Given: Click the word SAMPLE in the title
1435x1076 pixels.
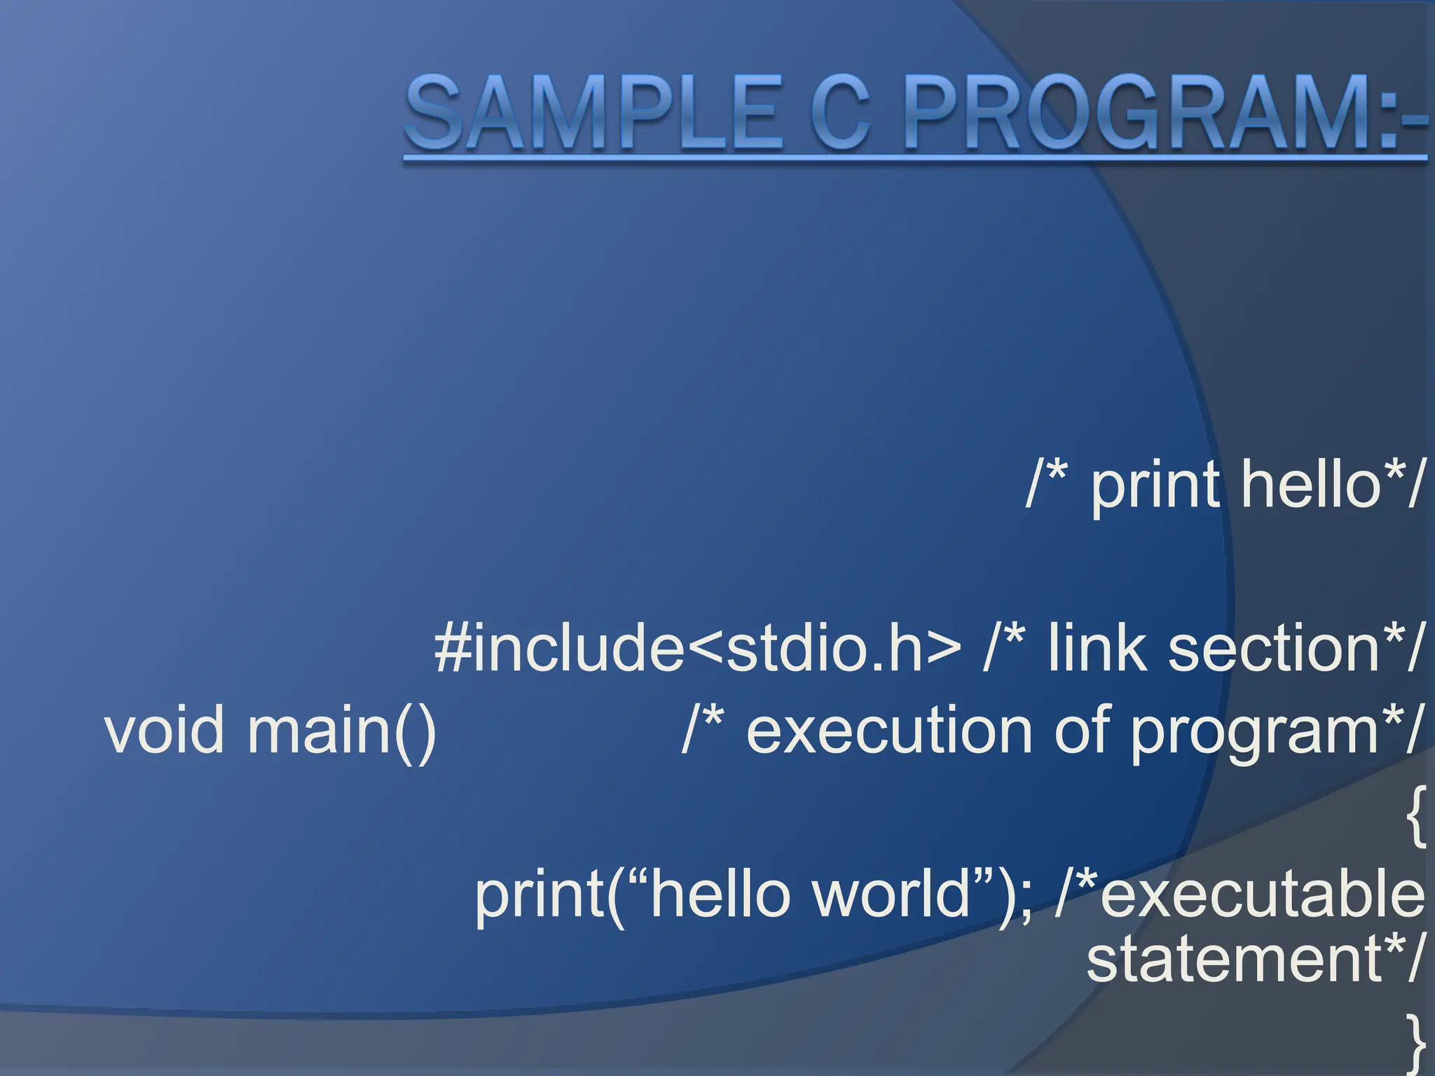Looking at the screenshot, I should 592,113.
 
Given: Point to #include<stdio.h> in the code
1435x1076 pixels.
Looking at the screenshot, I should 698,648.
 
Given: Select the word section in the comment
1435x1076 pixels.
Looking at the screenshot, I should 1275,648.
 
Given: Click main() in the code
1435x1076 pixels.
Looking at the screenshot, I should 342,730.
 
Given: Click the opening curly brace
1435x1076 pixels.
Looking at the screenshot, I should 1415,816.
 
